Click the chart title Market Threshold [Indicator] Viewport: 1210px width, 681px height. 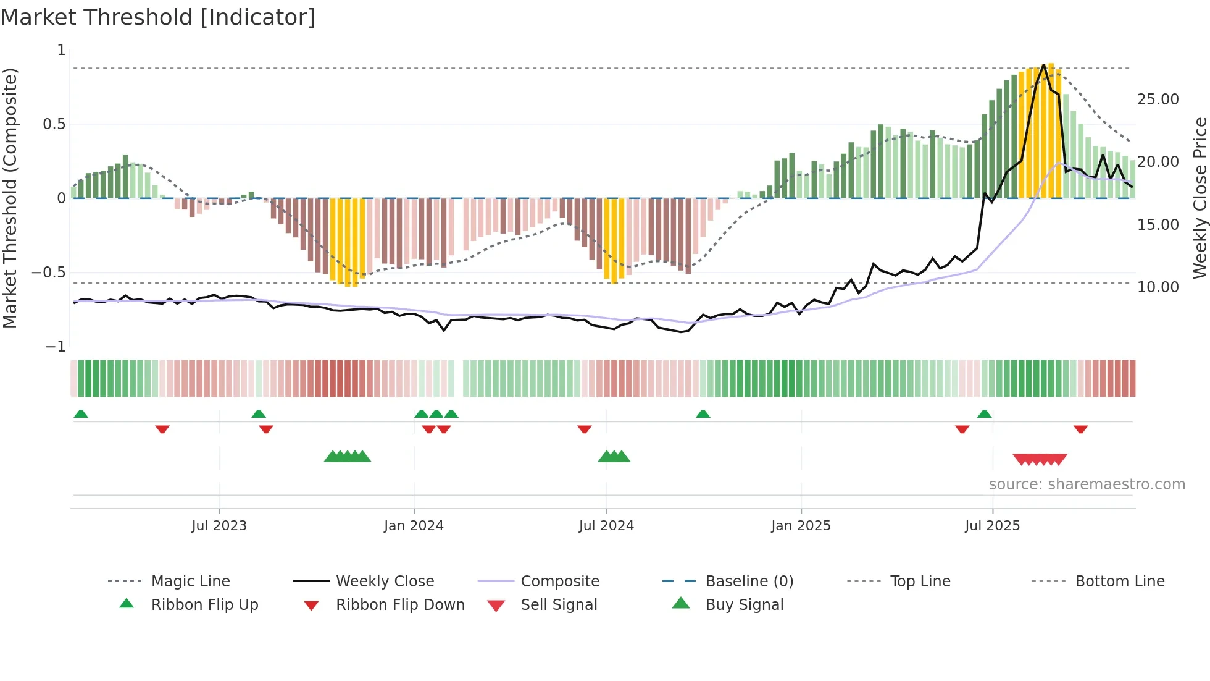pyautogui.click(x=158, y=17)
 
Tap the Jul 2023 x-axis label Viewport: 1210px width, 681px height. pyautogui.click(x=219, y=525)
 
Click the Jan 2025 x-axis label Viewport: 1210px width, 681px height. pyautogui.click(x=801, y=525)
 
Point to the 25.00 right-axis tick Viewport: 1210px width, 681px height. pyautogui.click(x=1158, y=99)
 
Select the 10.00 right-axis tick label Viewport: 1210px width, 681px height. pyautogui.click(x=1158, y=287)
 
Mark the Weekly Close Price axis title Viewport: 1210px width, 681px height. pyautogui.click(x=1200, y=198)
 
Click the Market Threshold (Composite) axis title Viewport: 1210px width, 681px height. pyautogui.click(x=10, y=198)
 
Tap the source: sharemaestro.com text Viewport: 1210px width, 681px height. pyautogui.click(x=1087, y=484)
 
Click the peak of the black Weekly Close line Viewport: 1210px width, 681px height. pyautogui.click(x=1043, y=65)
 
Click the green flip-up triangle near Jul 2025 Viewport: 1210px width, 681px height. pyautogui.click(x=984, y=414)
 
